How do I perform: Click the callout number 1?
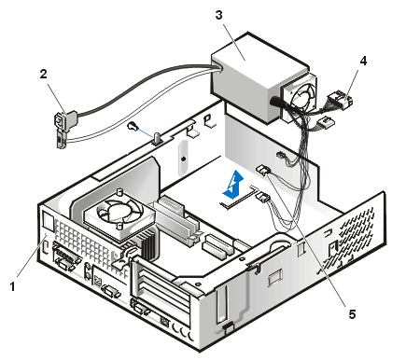click(x=12, y=286)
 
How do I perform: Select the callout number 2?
click(x=43, y=74)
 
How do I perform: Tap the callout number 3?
click(x=219, y=15)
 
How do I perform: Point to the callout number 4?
click(x=363, y=62)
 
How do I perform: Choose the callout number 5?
click(x=352, y=314)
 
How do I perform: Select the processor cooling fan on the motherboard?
click(x=119, y=213)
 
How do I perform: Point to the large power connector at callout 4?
click(x=341, y=99)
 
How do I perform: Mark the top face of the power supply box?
click(x=260, y=60)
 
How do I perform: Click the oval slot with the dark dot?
click(x=183, y=159)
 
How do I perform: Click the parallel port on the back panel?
click(x=66, y=255)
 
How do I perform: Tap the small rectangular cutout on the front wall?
click(x=275, y=278)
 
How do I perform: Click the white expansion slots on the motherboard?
click(x=218, y=244)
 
